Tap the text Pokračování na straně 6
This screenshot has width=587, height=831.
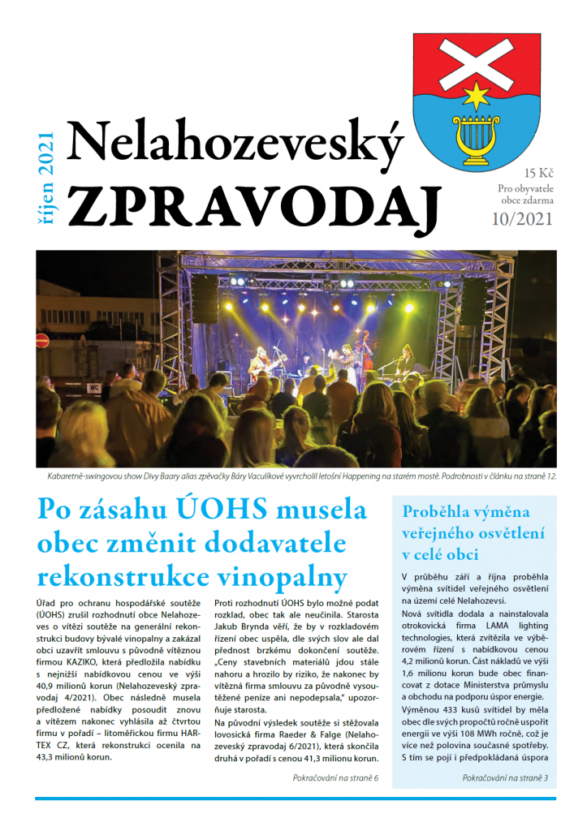click(335, 778)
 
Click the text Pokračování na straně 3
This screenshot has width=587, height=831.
click(505, 778)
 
